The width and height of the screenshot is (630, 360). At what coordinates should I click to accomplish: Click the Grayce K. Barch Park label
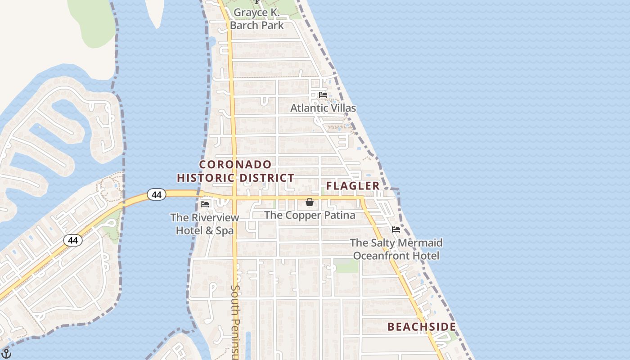click(257, 19)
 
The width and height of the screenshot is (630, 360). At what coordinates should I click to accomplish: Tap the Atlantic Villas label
click(323, 108)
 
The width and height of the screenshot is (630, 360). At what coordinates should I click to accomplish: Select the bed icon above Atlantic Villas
click(323, 95)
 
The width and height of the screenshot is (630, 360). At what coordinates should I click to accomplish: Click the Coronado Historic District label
click(235, 171)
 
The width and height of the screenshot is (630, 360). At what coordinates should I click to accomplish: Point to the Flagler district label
click(353, 186)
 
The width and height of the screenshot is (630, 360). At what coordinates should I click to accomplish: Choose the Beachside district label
click(422, 327)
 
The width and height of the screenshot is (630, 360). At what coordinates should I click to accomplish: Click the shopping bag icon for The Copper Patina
click(310, 202)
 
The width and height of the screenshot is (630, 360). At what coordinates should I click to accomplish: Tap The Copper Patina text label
click(310, 215)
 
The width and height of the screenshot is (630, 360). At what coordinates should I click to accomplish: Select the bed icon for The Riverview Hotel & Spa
click(205, 204)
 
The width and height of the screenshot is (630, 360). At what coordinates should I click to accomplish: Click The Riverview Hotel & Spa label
click(205, 224)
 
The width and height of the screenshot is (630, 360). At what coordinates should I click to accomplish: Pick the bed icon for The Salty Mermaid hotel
click(396, 229)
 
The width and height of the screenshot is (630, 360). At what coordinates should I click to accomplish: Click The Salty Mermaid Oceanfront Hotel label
click(396, 249)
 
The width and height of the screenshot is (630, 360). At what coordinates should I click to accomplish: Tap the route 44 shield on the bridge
click(156, 195)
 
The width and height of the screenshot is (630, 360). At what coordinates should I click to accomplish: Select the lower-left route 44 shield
click(72, 240)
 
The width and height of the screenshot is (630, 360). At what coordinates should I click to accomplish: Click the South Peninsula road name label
click(234, 322)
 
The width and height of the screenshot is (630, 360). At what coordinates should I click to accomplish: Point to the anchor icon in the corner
click(6, 354)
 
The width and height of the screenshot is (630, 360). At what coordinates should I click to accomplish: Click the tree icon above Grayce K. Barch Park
click(257, 2)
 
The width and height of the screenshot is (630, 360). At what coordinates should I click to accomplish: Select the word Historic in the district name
click(207, 178)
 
